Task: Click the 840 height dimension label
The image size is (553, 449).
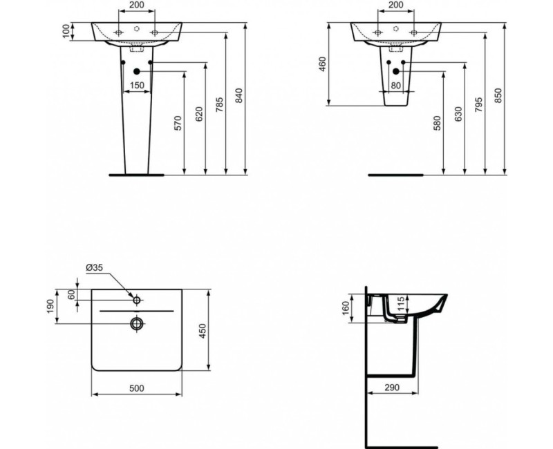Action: click(x=239, y=97)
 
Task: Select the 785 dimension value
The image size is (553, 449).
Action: click(x=218, y=104)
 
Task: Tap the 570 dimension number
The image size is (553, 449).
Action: click(x=177, y=123)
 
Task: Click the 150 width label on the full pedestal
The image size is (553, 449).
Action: click(x=137, y=85)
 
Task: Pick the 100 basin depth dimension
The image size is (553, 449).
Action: click(x=66, y=31)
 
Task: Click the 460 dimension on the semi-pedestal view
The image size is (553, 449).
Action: click(x=321, y=64)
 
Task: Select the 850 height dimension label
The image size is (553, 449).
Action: click(x=498, y=97)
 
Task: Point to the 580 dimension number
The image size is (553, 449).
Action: click(x=436, y=123)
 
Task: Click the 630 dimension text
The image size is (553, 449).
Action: click(x=458, y=115)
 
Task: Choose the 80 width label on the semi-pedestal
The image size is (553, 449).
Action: click(x=395, y=86)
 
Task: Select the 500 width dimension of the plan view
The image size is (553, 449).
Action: click(x=137, y=388)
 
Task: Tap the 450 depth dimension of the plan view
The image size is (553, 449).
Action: click(x=203, y=331)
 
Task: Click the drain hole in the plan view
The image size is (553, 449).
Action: click(x=137, y=323)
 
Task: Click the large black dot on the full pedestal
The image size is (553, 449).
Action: click(x=137, y=71)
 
